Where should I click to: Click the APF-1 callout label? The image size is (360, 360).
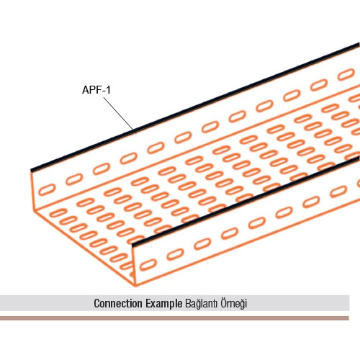click(x=96, y=90)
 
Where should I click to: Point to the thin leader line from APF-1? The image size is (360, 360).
click(x=118, y=114)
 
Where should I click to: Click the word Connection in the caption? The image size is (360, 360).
click(x=118, y=303)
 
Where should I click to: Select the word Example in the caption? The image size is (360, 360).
click(x=164, y=304)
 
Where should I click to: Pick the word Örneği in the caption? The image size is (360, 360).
click(x=234, y=304)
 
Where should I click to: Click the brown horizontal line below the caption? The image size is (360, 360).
click(x=174, y=318)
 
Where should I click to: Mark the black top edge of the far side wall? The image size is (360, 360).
click(x=195, y=107)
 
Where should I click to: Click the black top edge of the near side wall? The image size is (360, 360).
click(x=246, y=202)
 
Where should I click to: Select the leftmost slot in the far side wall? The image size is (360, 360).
click(x=47, y=190)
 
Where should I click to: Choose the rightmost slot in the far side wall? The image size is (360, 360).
click(x=346, y=74)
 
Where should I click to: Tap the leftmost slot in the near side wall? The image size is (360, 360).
click(x=147, y=265)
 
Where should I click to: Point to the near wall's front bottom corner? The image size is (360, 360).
click(x=135, y=286)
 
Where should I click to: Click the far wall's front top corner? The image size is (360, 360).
click(x=31, y=171)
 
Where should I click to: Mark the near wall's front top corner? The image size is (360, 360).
click(x=132, y=246)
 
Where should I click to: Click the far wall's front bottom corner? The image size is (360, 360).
click(x=34, y=210)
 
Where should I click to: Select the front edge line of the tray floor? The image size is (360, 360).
click(x=84, y=248)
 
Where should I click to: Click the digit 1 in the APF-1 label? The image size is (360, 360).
click(x=108, y=90)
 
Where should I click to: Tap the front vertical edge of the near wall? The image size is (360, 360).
click(x=134, y=266)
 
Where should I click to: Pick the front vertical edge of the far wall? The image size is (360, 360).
click(x=32, y=190)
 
